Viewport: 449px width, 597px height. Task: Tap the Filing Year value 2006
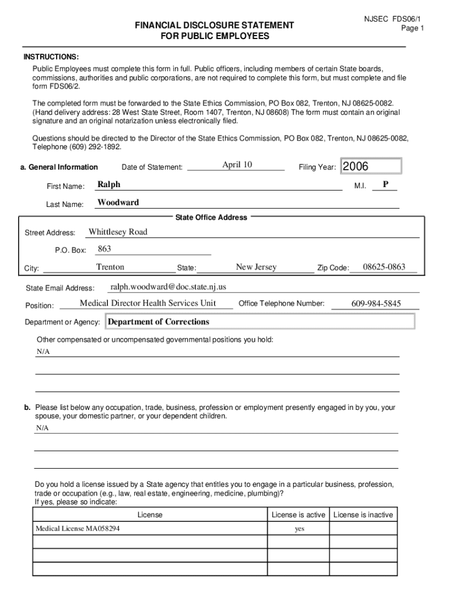coord(356,167)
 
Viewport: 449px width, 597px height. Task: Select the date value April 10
coord(237,164)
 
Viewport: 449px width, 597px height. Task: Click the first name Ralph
coord(109,184)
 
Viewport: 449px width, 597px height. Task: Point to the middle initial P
coord(385,184)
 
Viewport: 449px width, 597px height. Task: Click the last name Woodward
coord(118,202)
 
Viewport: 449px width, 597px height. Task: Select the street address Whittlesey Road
coord(118,232)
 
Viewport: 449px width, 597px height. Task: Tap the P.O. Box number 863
coord(104,249)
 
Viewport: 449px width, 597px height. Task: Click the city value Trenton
coord(110,267)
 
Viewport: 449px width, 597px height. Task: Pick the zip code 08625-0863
coord(384,267)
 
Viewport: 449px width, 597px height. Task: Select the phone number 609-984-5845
coord(376,304)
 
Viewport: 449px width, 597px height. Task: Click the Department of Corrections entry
coord(159,322)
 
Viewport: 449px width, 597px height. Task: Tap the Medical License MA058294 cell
coord(79,529)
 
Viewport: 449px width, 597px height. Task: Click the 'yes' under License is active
coord(300,529)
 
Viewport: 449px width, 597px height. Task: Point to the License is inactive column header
coord(363,515)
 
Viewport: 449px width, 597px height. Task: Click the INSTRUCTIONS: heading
coord(51,57)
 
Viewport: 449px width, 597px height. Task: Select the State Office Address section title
coord(211,217)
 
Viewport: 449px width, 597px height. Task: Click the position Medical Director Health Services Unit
coord(148,303)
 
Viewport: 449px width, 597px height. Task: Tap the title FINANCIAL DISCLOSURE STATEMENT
coord(214,26)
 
